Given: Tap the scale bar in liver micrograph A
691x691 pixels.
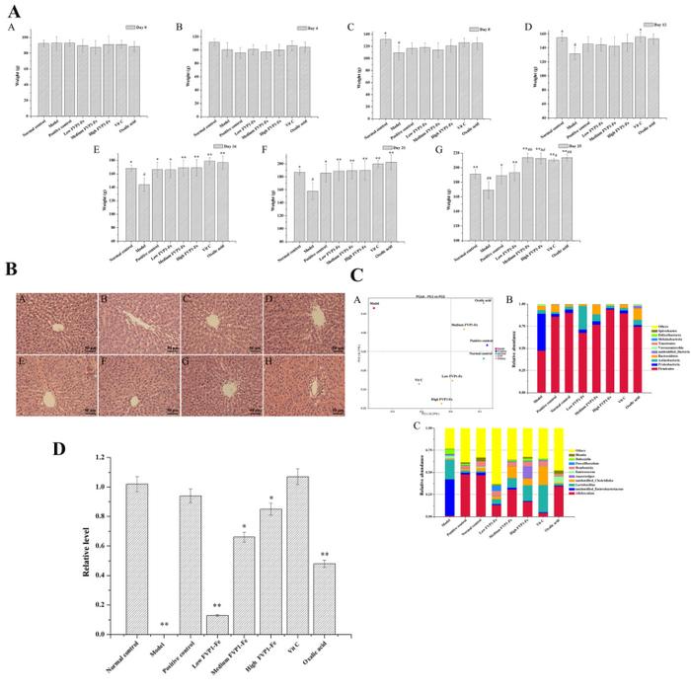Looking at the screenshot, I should tap(88, 345).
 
